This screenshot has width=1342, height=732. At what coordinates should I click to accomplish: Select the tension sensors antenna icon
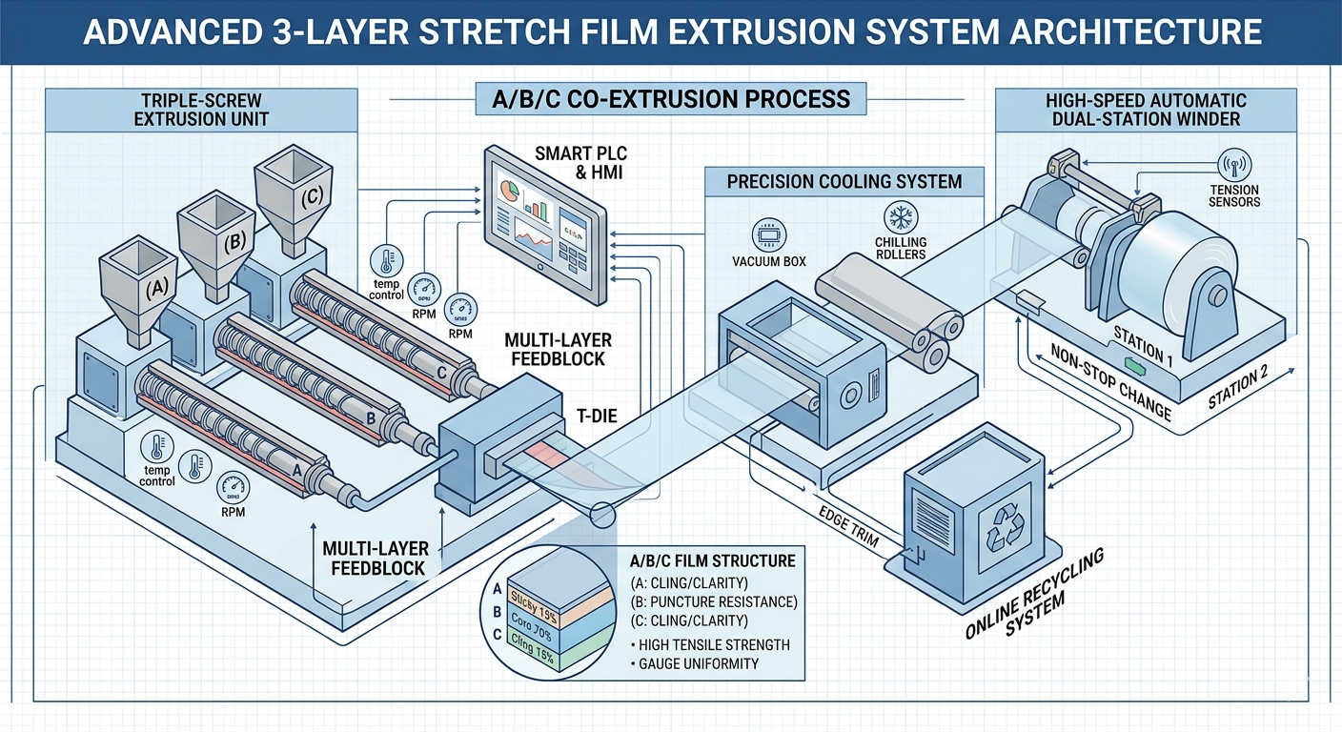[1234, 166]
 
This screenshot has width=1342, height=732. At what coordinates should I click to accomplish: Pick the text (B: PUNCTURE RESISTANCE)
[714, 601]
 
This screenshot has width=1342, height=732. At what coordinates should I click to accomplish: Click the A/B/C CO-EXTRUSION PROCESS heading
[667, 99]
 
